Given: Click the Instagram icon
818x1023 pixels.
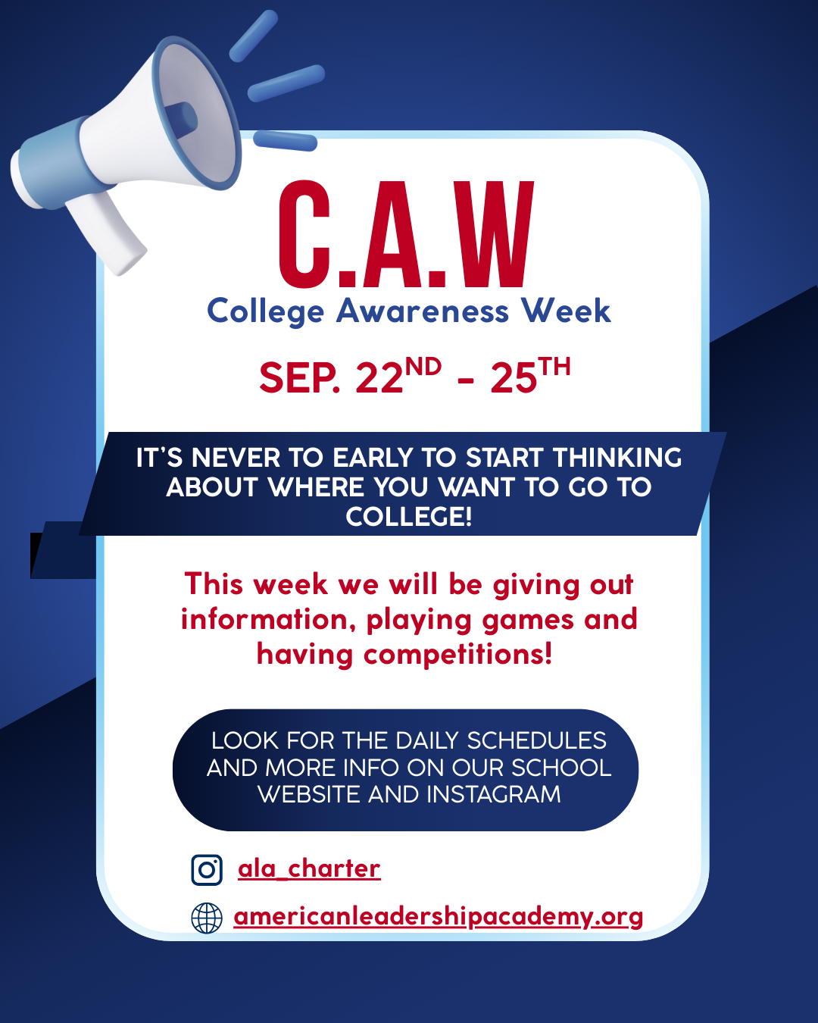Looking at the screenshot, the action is (207, 870).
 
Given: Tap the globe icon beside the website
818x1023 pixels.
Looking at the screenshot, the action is (207, 918).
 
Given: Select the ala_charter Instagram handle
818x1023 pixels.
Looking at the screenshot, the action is (309, 869).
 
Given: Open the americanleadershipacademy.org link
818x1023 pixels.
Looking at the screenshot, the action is (438, 916).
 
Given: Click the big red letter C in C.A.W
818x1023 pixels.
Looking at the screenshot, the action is (304, 234).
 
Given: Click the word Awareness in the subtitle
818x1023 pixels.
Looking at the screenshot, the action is (423, 311).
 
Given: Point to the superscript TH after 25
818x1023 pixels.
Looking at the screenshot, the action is (554, 367).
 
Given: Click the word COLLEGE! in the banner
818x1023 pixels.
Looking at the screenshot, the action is (409, 516).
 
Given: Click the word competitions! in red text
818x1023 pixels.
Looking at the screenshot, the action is (457, 655).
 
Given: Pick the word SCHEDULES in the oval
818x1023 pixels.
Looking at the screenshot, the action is (536, 740).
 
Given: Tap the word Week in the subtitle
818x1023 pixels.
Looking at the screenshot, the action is (566, 311).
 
